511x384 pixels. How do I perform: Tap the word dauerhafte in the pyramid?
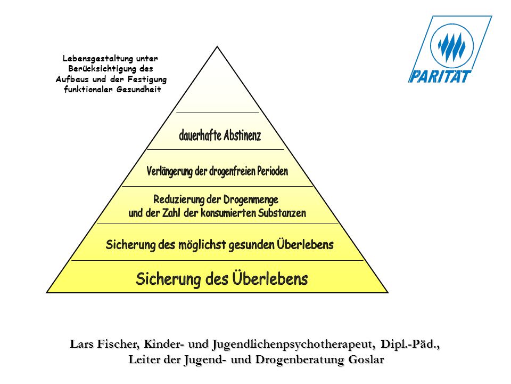[x=200, y=135]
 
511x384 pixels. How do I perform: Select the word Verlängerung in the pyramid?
[x=169, y=171]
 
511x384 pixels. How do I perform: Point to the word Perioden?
[x=273, y=171]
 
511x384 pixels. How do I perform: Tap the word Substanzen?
[x=282, y=213]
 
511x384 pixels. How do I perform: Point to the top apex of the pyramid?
[x=217, y=47]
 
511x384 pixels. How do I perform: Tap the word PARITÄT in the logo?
[x=440, y=77]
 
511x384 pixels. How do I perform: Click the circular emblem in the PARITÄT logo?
[x=452, y=45]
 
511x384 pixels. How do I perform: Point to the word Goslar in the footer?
[x=366, y=359]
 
